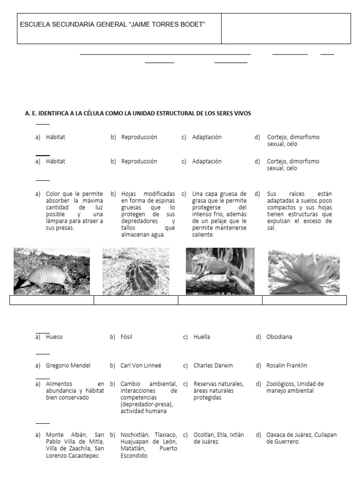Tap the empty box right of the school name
[285, 29]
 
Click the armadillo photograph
[52, 271]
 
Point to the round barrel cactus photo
[136, 271]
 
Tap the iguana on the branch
[220, 271]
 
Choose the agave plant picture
[304, 271]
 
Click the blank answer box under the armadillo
[52, 300]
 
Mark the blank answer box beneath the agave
[304, 300]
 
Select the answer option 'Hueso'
[54, 337]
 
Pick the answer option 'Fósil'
[127, 337]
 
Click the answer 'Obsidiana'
[279, 337]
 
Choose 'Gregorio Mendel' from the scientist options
[68, 366]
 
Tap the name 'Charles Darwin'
[213, 366]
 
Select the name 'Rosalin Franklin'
[286, 366]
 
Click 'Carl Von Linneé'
[141, 366]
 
